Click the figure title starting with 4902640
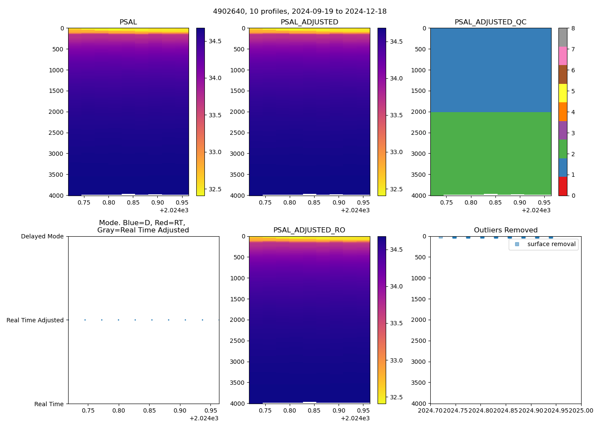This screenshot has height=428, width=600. pos(300,12)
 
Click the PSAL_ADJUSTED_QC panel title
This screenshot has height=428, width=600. pos(490,22)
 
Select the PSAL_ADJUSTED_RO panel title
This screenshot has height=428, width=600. pos(309,230)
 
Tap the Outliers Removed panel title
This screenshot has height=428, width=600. pos(505,230)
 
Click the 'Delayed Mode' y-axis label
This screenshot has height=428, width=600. pos(42,237)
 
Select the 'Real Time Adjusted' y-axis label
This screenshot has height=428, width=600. pos(35,320)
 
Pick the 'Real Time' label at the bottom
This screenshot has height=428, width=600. pos(49,404)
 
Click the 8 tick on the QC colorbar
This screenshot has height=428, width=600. pos(573,29)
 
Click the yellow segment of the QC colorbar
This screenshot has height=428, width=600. pos(563,93)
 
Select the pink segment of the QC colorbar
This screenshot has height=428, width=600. pos(563,56)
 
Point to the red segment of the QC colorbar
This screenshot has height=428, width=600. pos(563,186)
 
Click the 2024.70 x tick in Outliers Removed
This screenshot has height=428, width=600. pos(431,411)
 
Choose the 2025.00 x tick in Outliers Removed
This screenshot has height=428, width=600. pos(581,411)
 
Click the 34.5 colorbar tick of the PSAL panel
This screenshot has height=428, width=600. pos(215,41)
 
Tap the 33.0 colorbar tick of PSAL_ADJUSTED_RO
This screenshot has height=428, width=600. pos(396,360)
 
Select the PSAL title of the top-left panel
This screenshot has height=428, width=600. pos(128,22)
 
